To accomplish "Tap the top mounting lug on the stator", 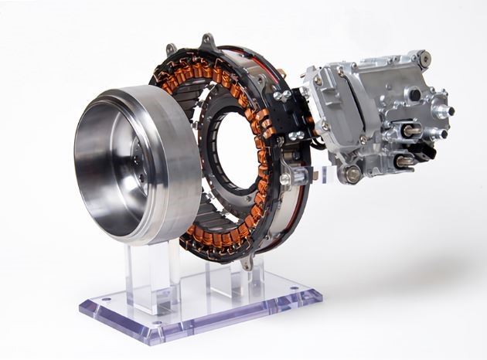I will pyautogui.click(x=206, y=39).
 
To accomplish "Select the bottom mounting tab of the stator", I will pyautogui.click(x=247, y=263).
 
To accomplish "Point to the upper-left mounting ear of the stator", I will pyautogui.click(x=170, y=51).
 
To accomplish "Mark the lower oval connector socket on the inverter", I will pyautogui.click(x=404, y=161).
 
